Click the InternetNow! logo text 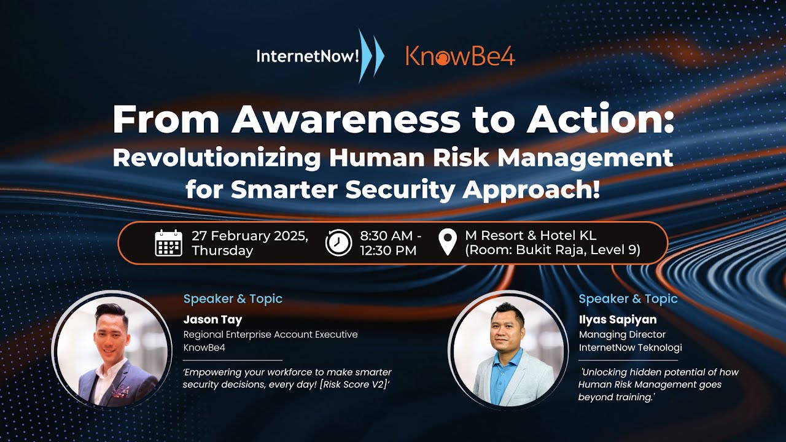coord(307,56)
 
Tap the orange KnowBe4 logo coord(460,56)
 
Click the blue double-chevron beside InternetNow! coord(371,56)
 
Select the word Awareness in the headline coord(345,120)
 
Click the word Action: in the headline coord(600,120)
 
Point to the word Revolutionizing coord(216,158)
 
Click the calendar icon coord(168,242)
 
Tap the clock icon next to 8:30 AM coord(338,242)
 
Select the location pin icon coord(449,242)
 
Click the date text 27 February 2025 coord(250,236)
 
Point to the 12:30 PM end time coord(388,250)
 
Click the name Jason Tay coord(212,319)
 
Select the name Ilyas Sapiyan coord(617,319)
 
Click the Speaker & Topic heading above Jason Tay coord(233,299)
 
